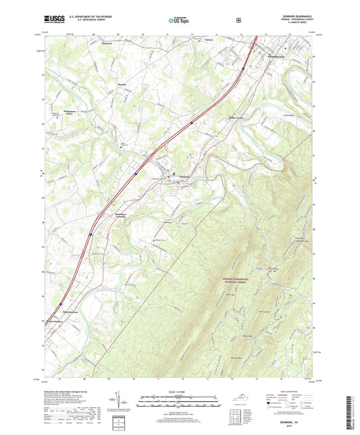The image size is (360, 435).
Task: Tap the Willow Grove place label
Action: [215, 116]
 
